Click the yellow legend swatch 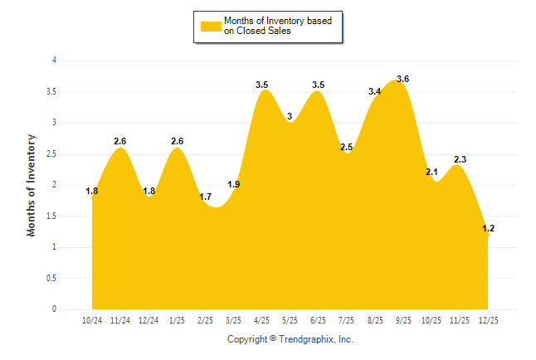(x=211, y=26)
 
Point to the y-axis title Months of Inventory (x=32, y=185)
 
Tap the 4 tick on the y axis (x=54, y=61)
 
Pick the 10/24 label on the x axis (x=92, y=319)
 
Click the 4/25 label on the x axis (x=261, y=319)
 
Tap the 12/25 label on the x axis (x=488, y=319)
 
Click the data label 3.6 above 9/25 (x=403, y=79)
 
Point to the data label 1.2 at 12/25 (x=488, y=228)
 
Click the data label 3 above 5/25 (x=290, y=116)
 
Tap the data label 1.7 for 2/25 (x=205, y=197)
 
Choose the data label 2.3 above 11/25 (x=460, y=159)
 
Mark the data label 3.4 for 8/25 (x=375, y=91)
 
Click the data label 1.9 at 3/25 (x=233, y=184)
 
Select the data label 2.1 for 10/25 (x=431, y=172)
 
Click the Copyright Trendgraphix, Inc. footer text (x=290, y=339)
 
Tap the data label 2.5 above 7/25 (x=347, y=147)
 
